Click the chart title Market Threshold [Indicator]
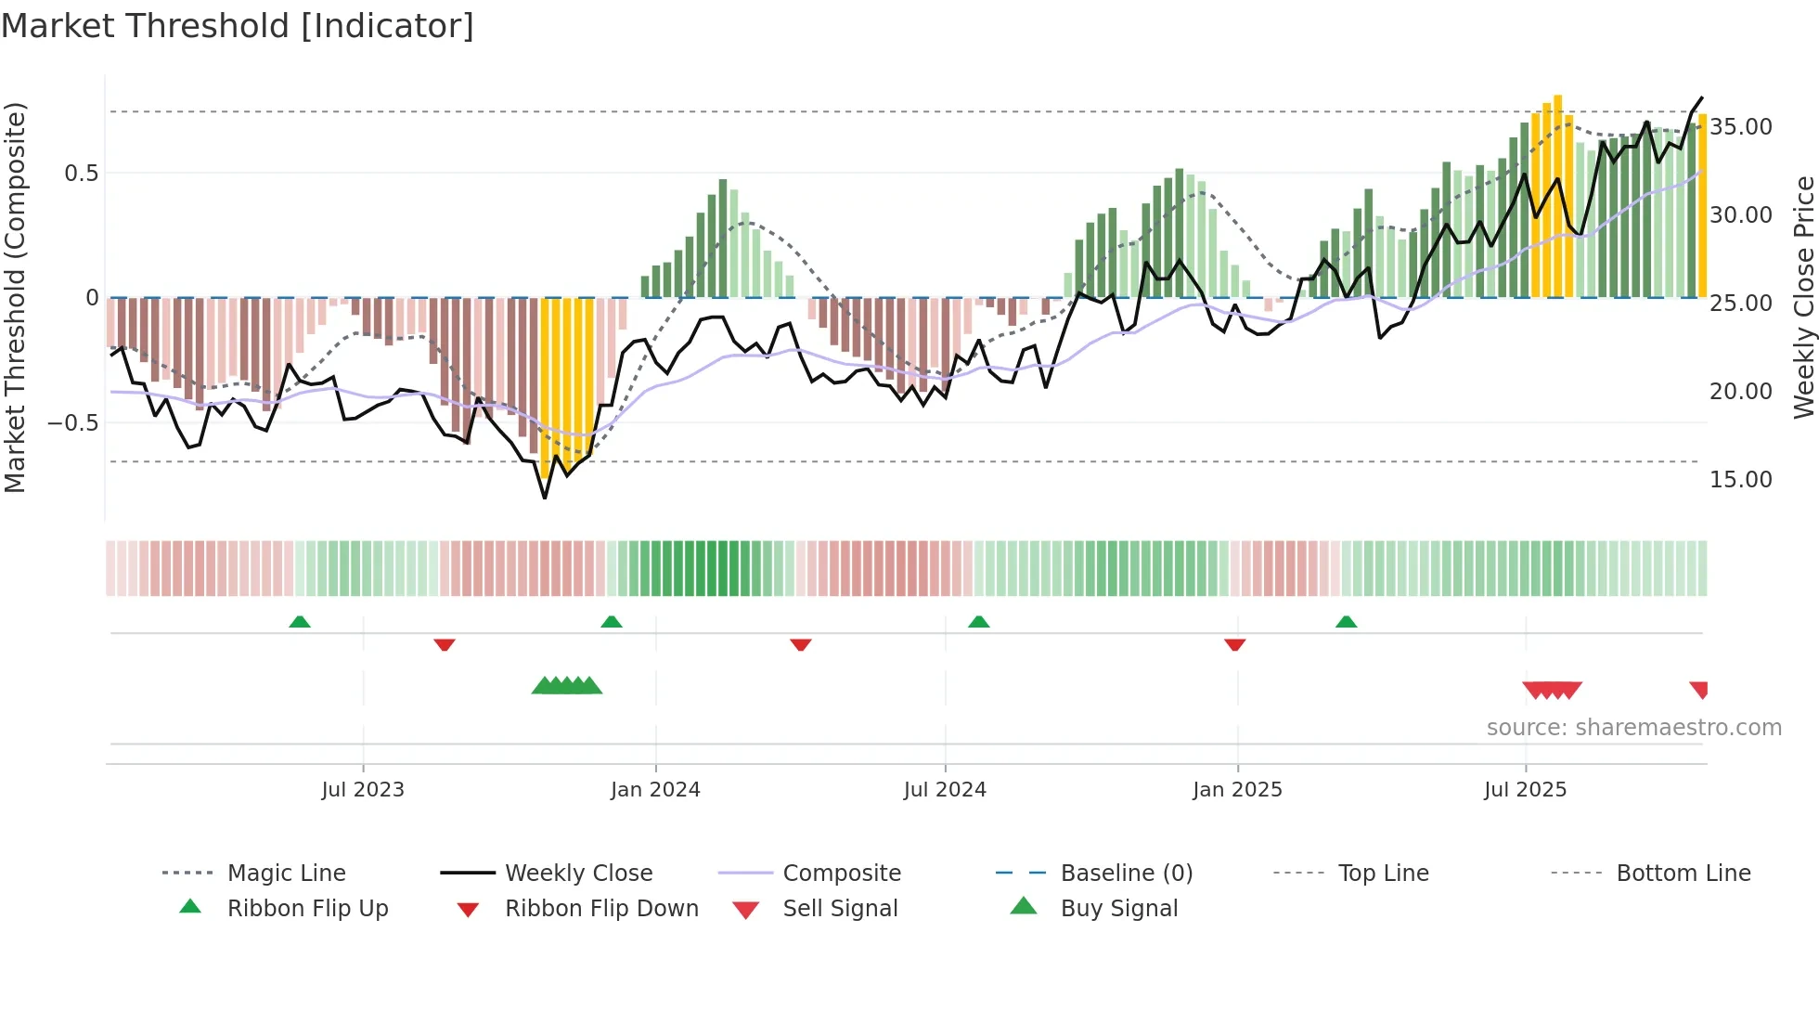tap(238, 26)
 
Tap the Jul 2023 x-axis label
tap(363, 790)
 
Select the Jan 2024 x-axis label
tap(655, 790)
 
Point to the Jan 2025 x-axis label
tap(1237, 790)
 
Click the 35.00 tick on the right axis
tap(1740, 127)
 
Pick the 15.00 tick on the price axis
tap(1740, 480)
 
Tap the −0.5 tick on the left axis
tap(72, 423)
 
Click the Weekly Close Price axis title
tap(1803, 297)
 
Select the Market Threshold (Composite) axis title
tap(15, 297)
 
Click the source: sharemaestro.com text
tap(1633, 728)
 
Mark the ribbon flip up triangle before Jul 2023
tap(300, 622)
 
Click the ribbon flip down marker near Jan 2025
tap(1234, 644)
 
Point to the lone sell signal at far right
tap(1699, 690)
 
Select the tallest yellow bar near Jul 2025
tap(1558, 196)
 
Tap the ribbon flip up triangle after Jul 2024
tap(979, 622)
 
